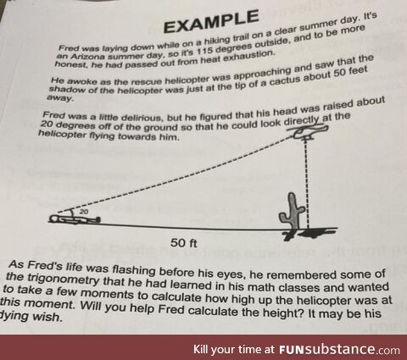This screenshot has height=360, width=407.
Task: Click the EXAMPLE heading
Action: pyautogui.click(x=211, y=20)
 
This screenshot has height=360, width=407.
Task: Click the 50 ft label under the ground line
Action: pyautogui.click(x=184, y=243)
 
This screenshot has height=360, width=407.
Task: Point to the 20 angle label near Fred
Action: pyautogui.click(x=84, y=212)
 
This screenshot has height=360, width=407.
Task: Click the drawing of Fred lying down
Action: pyautogui.click(x=74, y=219)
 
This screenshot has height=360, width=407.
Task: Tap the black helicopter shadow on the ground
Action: pyautogui.click(x=311, y=233)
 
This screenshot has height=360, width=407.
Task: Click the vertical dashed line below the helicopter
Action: pyautogui.click(x=307, y=184)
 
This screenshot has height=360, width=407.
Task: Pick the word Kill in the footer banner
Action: pyautogui.click(x=200, y=349)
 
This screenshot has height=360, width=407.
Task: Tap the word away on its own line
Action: pyautogui.click(x=60, y=98)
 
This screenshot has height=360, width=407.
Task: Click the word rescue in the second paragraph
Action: pyautogui.click(x=148, y=81)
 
